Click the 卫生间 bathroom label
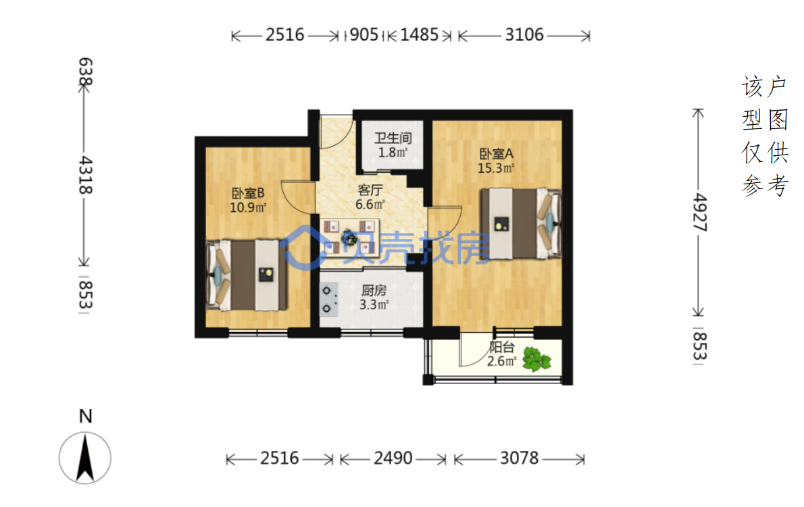393,138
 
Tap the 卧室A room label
496,154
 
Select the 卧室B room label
248,193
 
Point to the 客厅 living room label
370,190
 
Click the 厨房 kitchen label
374,290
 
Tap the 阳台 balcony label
501,347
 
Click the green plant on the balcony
536,358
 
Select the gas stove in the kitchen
328,299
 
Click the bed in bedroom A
520,223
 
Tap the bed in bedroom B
247,275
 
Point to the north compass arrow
84,457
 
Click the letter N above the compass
86,417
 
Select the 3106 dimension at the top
524,35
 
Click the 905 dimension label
364,35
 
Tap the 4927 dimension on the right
699,213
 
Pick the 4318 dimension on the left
85,175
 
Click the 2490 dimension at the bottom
393,458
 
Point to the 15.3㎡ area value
496,168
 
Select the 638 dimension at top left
85,72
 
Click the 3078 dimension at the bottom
520,458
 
